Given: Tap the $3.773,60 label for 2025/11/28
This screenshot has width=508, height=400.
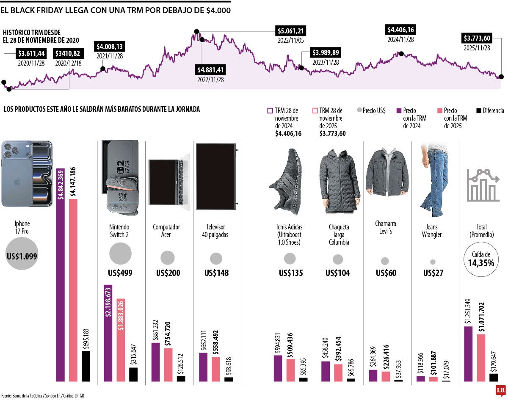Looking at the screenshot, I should coord(477,39).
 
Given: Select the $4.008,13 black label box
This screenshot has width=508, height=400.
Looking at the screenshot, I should coord(110,47).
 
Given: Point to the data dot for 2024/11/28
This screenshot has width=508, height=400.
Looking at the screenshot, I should coord(400,54).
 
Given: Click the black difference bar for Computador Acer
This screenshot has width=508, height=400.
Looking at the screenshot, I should coord(181,378).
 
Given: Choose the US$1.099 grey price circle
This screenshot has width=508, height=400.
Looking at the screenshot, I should coord(22,254).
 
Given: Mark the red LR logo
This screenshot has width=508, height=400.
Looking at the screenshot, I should coord(501,391).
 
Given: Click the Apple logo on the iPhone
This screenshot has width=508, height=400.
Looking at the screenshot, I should coord(17,182).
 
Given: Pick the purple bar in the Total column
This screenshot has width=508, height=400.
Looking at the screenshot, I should coord(469,353).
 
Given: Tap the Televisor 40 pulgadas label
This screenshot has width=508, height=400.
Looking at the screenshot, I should coord(216,231).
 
